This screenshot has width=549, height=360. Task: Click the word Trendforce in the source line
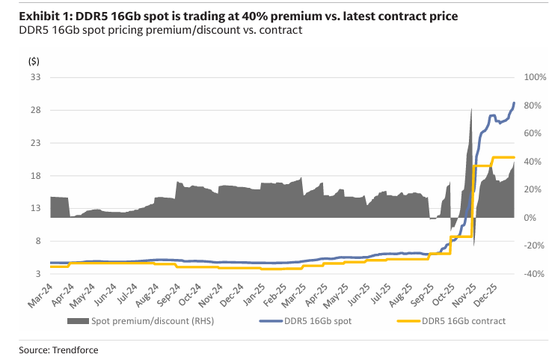(x=76, y=350)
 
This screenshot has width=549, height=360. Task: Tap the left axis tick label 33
(x=36, y=77)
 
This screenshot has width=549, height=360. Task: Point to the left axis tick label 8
(x=38, y=241)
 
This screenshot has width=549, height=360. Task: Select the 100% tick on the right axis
(x=535, y=77)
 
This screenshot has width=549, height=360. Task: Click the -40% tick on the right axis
(x=534, y=274)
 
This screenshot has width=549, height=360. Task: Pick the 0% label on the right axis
(x=530, y=218)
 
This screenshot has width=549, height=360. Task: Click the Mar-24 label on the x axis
(x=40, y=296)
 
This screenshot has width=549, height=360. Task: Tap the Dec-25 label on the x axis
(x=485, y=296)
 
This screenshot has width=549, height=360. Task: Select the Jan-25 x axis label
(x=254, y=296)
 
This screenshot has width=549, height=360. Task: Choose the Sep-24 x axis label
(x=168, y=296)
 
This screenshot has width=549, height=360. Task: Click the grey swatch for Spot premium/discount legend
(x=78, y=321)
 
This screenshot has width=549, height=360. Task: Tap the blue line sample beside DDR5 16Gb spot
(x=270, y=321)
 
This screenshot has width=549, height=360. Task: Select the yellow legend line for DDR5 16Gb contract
(x=408, y=321)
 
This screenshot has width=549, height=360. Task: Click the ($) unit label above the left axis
(x=34, y=61)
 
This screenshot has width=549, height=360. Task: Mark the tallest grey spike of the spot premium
(x=471, y=109)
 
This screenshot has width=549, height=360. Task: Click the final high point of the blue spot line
(x=514, y=103)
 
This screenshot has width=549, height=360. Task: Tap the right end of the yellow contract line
(x=514, y=157)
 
